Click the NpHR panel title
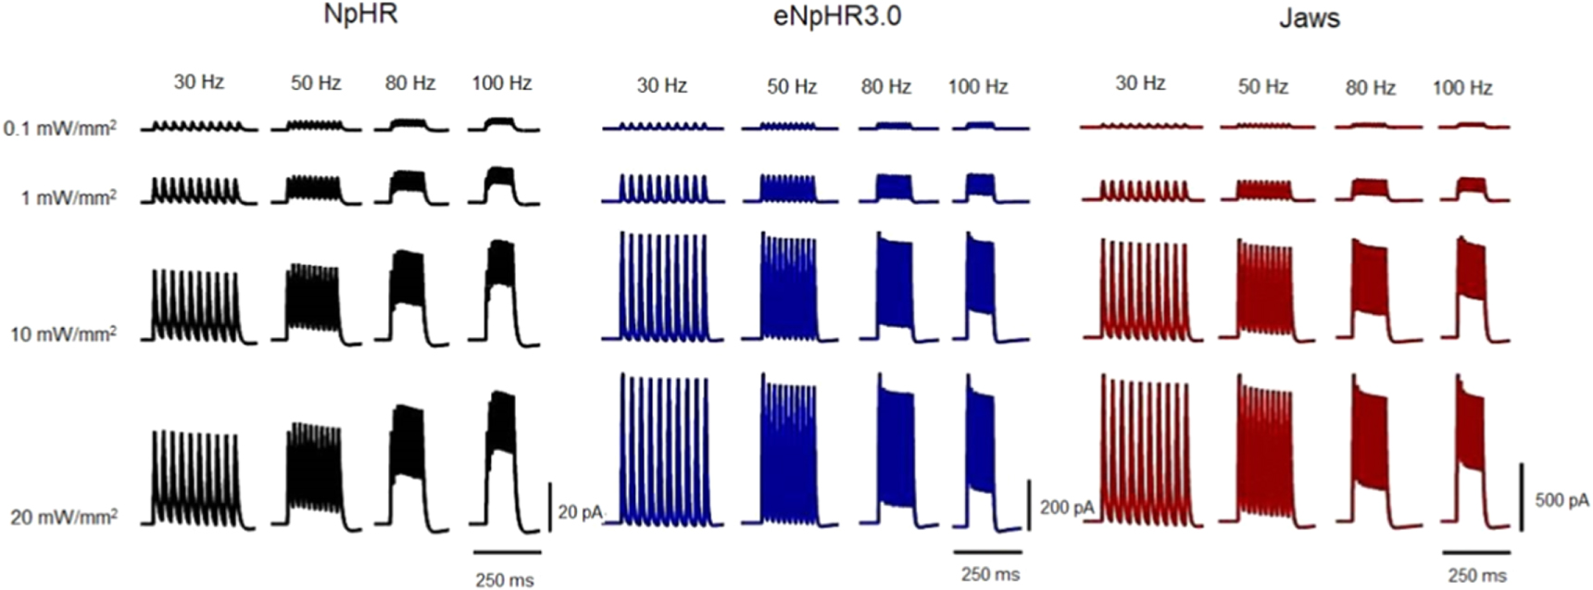pyautogui.click(x=360, y=16)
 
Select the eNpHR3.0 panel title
pyautogui.click(x=836, y=17)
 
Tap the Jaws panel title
pyautogui.click(x=1309, y=18)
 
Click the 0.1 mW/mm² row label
pyautogui.click(x=60, y=129)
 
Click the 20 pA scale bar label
pyautogui.click(x=580, y=512)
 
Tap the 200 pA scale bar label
pyautogui.click(x=1067, y=508)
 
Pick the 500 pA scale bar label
pyautogui.click(x=1562, y=500)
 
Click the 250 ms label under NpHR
pyautogui.click(x=505, y=580)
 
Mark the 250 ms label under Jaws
pyautogui.click(x=1476, y=575)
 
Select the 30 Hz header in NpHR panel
pyautogui.click(x=199, y=82)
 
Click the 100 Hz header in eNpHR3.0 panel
pyautogui.click(x=977, y=86)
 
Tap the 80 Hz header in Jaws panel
pyautogui.click(x=1370, y=87)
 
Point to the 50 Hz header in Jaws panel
pyautogui.click(x=1263, y=86)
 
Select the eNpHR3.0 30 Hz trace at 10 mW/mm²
pyautogui.click(x=663, y=287)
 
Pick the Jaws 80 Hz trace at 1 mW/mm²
pyautogui.click(x=1370, y=189)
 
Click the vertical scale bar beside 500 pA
pyautogui.click(x=1521, y=497)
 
